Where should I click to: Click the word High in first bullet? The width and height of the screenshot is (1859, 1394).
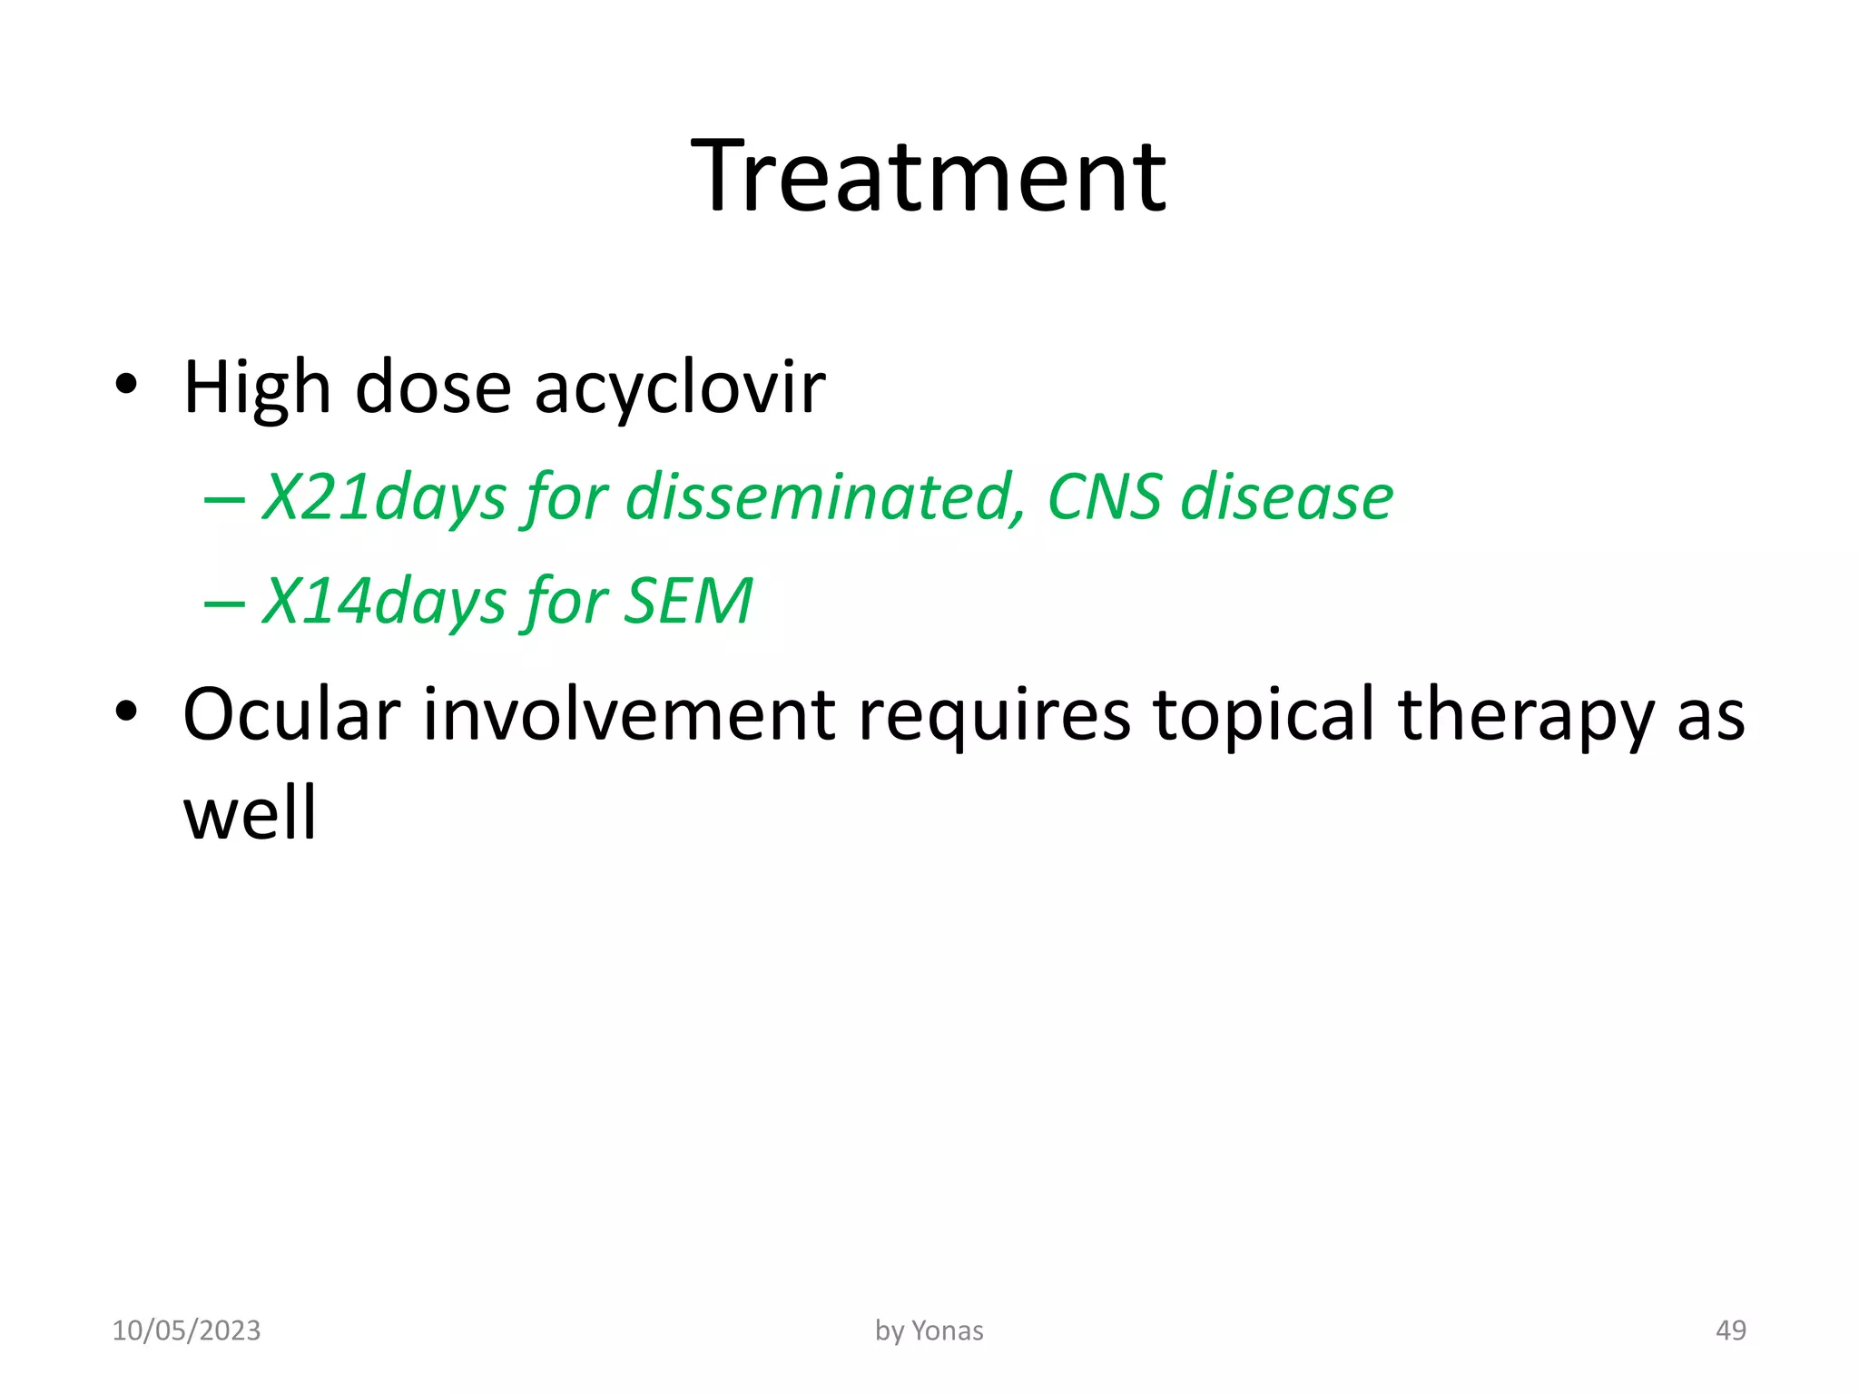257,388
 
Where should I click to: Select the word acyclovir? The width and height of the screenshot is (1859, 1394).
680,388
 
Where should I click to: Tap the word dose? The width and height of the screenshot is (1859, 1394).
433,388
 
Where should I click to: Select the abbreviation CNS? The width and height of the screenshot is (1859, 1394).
1104,496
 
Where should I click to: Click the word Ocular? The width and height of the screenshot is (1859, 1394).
291,714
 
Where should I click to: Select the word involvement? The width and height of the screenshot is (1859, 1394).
628,714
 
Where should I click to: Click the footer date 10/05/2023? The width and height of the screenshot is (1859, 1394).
186,1330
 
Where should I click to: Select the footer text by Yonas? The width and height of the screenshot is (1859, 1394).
929,1330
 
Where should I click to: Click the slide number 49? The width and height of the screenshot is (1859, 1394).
1730,1330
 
